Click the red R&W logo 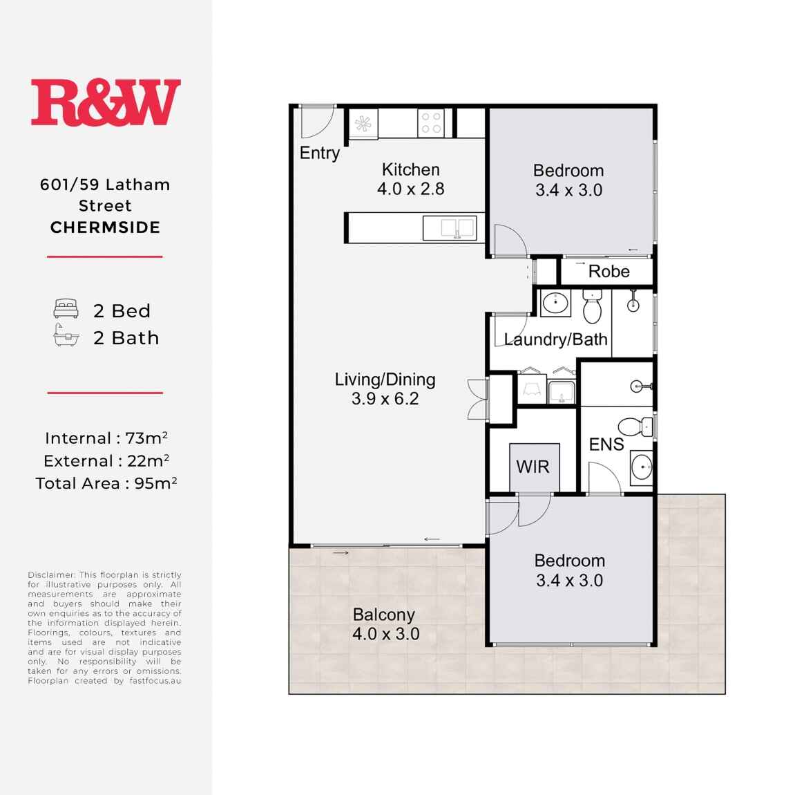pos(106,102)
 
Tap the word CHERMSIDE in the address pos(106,227)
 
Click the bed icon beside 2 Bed pos(66,308)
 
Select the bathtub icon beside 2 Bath pos(66,335)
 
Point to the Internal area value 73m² pos(146,438)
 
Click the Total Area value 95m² pos(155,483)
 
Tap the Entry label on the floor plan pos(319,153)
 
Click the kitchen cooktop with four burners pos(431,123)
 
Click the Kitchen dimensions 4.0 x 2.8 pos(411,189)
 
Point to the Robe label pos(609,272)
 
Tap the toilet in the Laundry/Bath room pos(592,306)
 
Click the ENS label pos(606,445)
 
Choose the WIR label pos(533,467)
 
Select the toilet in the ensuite pos(636,427)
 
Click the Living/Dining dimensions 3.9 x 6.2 pos(385,399)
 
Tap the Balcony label pos(384,615)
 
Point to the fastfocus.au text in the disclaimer pos(155,681)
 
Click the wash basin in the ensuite pos(642,467)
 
